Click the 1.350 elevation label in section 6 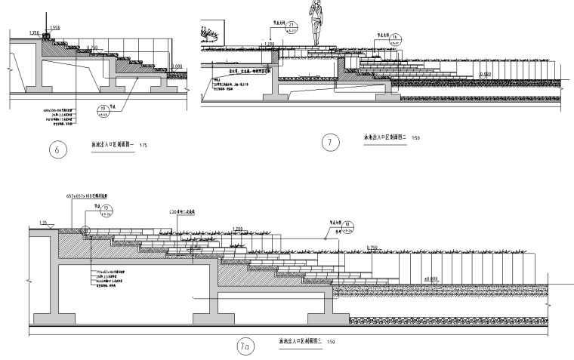coord(32,33)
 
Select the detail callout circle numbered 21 coord(293,27)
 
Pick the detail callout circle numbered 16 coord(393,38)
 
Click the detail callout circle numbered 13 coord(106,210)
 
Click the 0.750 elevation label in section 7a coord(372,248)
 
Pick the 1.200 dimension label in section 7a coord(239,227)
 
